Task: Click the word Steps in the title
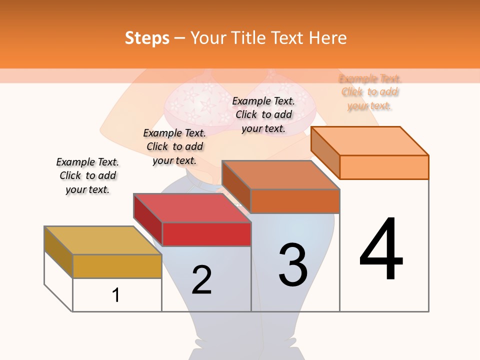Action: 147,38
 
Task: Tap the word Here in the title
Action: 327,38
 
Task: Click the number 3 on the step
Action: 293,264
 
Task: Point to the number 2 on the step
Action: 201,279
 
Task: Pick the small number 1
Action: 116,295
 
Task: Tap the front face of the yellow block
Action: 117,266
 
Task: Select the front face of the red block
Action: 206,234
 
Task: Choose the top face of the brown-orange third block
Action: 280,175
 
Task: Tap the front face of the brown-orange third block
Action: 295,201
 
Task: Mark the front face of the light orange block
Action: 384,167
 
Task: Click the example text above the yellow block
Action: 87,175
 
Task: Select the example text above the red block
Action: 174,146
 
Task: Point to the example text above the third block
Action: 263,114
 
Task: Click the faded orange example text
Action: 370,92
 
